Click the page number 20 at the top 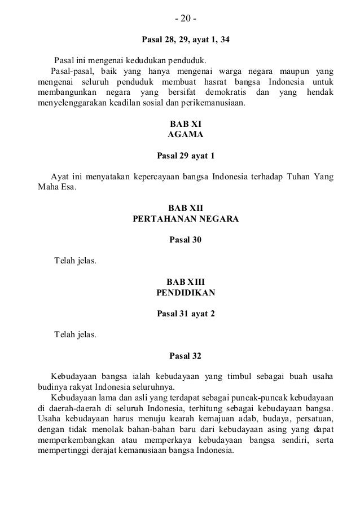tap(185, 20)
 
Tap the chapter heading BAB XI tap(185, 124)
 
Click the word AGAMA tap(185, 135)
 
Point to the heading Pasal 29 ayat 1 tap(185, 155)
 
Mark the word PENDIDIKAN tap(185, 293)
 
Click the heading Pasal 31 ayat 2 tap(185, 313)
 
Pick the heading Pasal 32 tap(185, 356)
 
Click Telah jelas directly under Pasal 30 tap(74, 261)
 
